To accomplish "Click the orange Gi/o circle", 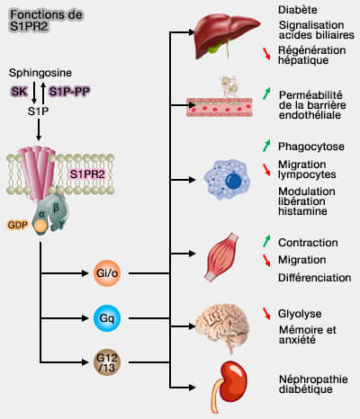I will pyautogui.click(x=106, y=271).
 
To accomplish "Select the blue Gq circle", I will pyautogui.click(x=106, y=317).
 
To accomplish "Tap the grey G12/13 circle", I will pyautogui.click(x=106, y=363).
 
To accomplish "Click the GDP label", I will pyautogui.click(x=17, y=224).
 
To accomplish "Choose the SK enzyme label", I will pyautogui.click(x=17, y=92).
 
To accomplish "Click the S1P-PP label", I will pyautogui.click(x=68, y=92).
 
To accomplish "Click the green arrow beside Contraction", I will pyautogui.click(x=266, y=242).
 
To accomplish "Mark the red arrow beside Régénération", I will pyautogui.click(x=266, y=55).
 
